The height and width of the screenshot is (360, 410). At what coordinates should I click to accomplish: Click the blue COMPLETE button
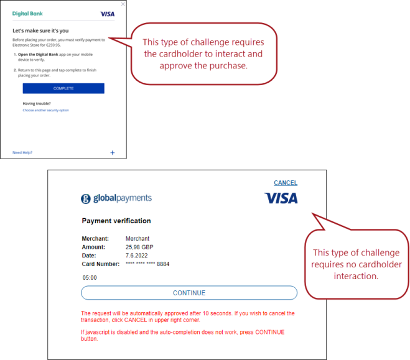(63, 88)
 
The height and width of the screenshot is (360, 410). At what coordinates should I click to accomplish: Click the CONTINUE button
(189, 293)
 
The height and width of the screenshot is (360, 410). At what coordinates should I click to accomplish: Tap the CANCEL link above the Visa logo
(286, 183)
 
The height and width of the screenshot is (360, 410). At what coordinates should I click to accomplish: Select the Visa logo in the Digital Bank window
(107, 14)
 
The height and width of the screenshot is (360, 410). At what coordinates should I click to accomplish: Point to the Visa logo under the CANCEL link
(281, 198)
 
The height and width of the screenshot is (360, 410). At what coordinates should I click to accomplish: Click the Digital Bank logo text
(28, 13)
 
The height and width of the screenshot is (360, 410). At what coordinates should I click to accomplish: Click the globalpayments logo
(116, 198)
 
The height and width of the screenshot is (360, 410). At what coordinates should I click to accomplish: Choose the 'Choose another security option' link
(45, 110)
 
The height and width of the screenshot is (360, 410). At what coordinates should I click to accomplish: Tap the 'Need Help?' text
(22, 152)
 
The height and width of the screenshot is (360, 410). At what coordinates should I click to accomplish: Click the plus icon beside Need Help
(113, 152)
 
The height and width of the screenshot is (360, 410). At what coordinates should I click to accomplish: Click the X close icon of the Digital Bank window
(123, 4)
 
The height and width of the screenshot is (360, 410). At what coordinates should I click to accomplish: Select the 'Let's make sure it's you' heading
(40, 30)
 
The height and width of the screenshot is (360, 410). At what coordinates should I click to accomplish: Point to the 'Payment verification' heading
(116, 221)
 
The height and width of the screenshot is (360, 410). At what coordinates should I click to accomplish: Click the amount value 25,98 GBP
(139, 247)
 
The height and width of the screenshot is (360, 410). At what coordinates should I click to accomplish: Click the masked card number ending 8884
(147, 264)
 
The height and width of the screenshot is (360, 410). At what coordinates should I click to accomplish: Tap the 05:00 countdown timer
(90, 278)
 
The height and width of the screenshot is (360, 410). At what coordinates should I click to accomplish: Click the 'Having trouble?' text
(35, 103)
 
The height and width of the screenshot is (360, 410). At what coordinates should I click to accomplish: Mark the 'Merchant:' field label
(95, 239)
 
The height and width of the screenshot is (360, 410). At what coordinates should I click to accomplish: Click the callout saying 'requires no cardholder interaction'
(356, 264)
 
